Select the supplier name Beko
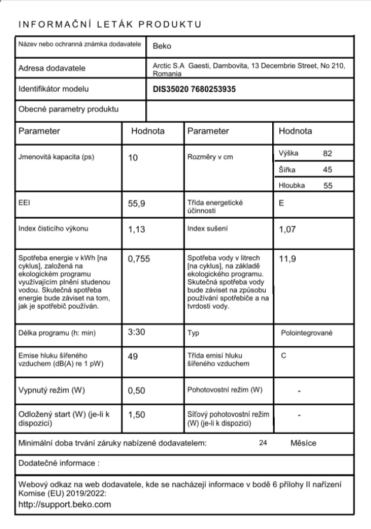point(161,46)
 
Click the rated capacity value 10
point(133,158)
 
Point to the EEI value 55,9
point(137,203)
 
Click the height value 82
point(328,153)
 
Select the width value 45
point(328,170)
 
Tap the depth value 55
point(328,186)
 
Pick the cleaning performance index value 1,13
point(137,229)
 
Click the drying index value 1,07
point(288,229)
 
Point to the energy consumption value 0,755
point(139,259)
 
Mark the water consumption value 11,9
point(288,259)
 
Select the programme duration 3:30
point(137,333)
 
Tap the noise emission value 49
point(133,356)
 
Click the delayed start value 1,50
point(137,414)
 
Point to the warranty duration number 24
point(263,443)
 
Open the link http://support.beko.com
point(65,504)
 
